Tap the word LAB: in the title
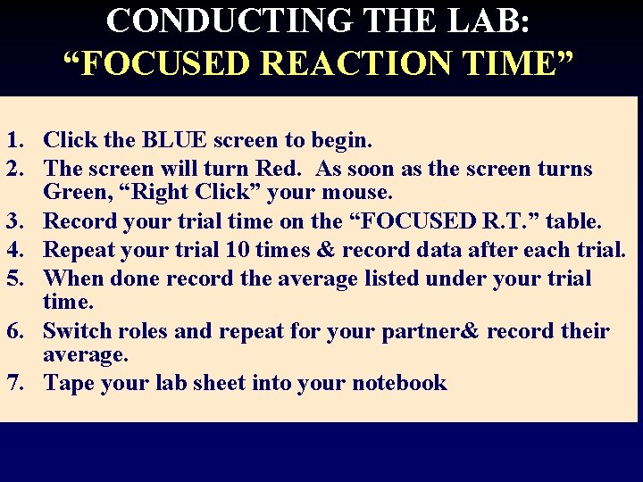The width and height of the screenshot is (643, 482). pyautogui.click(x=495, y=20)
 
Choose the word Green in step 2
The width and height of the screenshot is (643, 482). pyautogui.click(x=77, y=192)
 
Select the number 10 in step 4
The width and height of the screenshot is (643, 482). pyautogui.click(x=237, y=249)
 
